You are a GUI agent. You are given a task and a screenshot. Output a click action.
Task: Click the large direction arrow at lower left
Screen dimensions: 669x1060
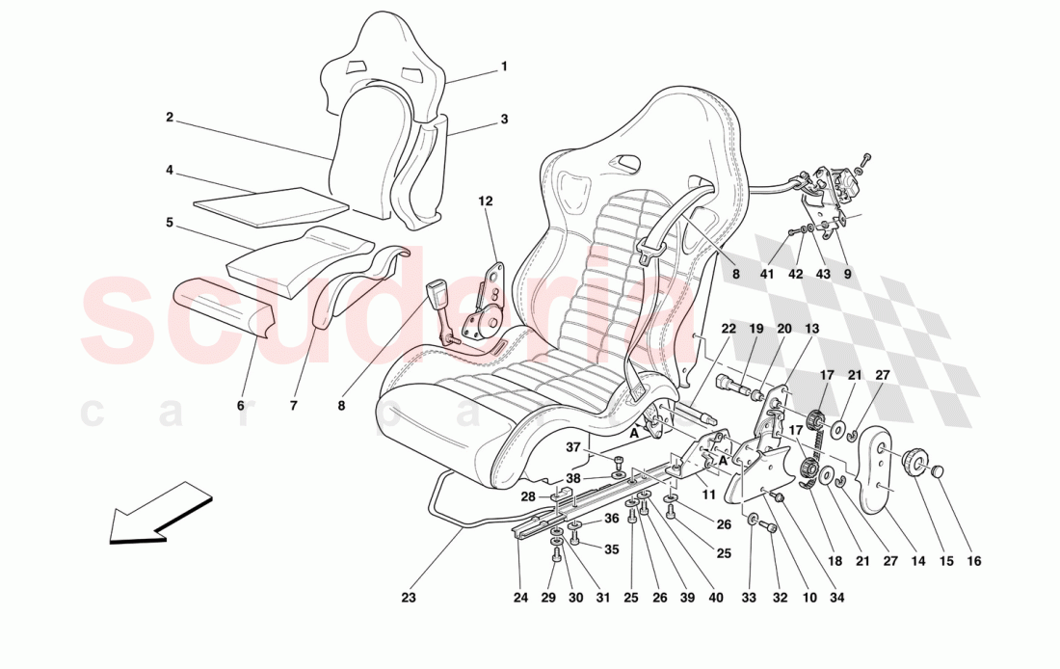coord(159,515)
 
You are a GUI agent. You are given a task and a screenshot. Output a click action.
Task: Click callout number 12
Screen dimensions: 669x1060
coord(485,201)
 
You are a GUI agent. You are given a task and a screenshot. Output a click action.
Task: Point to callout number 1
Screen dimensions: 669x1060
coord(503,67)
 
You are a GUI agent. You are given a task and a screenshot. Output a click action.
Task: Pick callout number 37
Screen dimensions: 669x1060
coord(572,446)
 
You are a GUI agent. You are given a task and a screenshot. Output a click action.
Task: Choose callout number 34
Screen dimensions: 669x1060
coord(837,598)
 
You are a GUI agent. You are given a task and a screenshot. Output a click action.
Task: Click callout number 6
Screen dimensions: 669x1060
coord(241,406)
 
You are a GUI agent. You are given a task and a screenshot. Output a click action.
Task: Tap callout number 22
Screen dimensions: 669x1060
coord(729,329)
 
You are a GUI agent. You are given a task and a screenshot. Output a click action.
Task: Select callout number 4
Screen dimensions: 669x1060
coord(169,171)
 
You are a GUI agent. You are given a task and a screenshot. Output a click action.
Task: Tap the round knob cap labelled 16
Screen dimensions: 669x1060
coord(941,471)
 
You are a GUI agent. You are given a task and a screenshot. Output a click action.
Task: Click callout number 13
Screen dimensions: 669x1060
coord(812,329)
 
